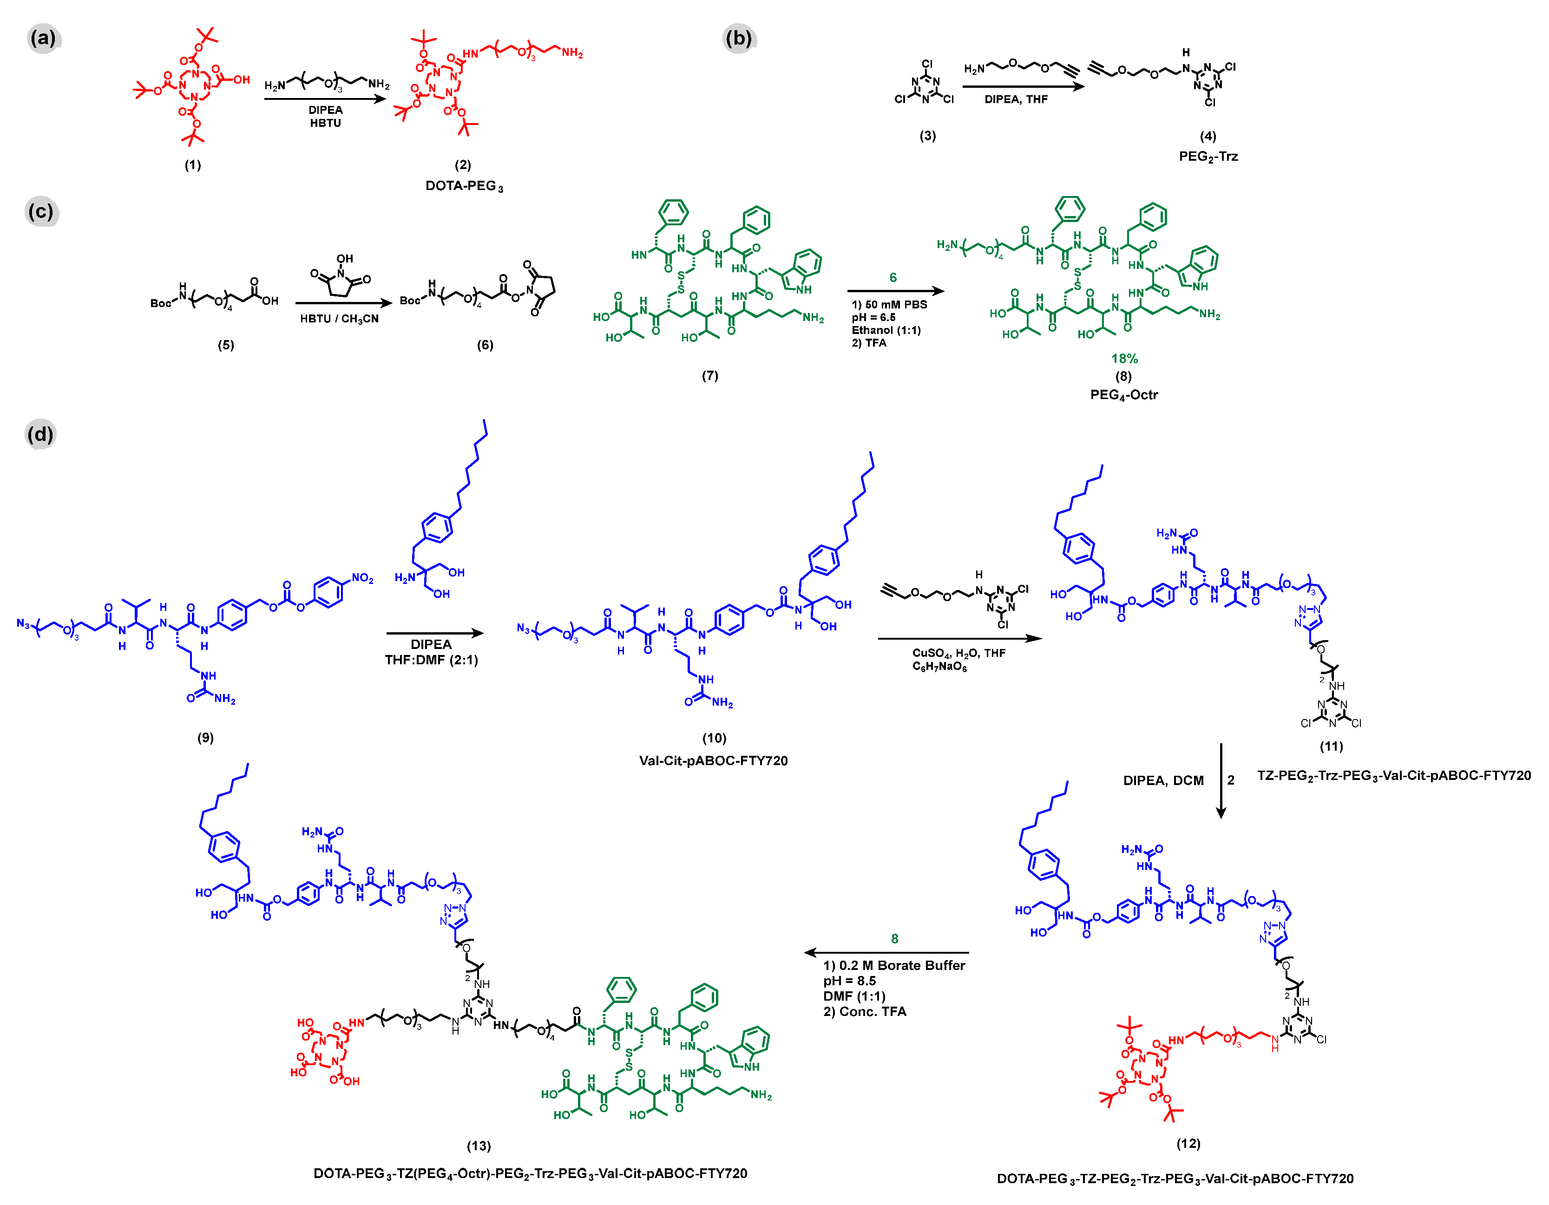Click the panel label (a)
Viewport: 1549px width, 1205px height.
coord(43,38)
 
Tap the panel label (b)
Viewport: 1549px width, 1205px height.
coord(738,38)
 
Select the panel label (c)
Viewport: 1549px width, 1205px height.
coord(40,211)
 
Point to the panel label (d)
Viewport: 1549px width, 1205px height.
coord(39,433)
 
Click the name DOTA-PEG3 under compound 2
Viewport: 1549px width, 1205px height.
coord(464,186)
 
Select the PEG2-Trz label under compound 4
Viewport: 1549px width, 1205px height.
coord(1208,156)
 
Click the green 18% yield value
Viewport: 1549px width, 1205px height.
coord(1124,358)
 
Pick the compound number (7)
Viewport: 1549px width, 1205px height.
coord(710,375)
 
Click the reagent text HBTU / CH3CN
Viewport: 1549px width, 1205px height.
coord(339,319)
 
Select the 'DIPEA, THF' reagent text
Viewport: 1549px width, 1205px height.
coord(1016,99)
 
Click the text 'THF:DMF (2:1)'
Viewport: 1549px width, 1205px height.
coord(431,660)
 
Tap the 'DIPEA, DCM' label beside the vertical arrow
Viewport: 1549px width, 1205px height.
coord(1163,780)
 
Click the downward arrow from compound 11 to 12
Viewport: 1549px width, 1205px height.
coord(1221,780)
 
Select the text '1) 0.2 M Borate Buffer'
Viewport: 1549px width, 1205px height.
coord(893,965)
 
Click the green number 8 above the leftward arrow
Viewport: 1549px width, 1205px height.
coord(894,938)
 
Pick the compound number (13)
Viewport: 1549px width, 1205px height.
coord(479,1146)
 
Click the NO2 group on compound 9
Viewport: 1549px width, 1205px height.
coord(362,578)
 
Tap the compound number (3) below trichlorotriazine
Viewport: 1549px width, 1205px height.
coord(928,136)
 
